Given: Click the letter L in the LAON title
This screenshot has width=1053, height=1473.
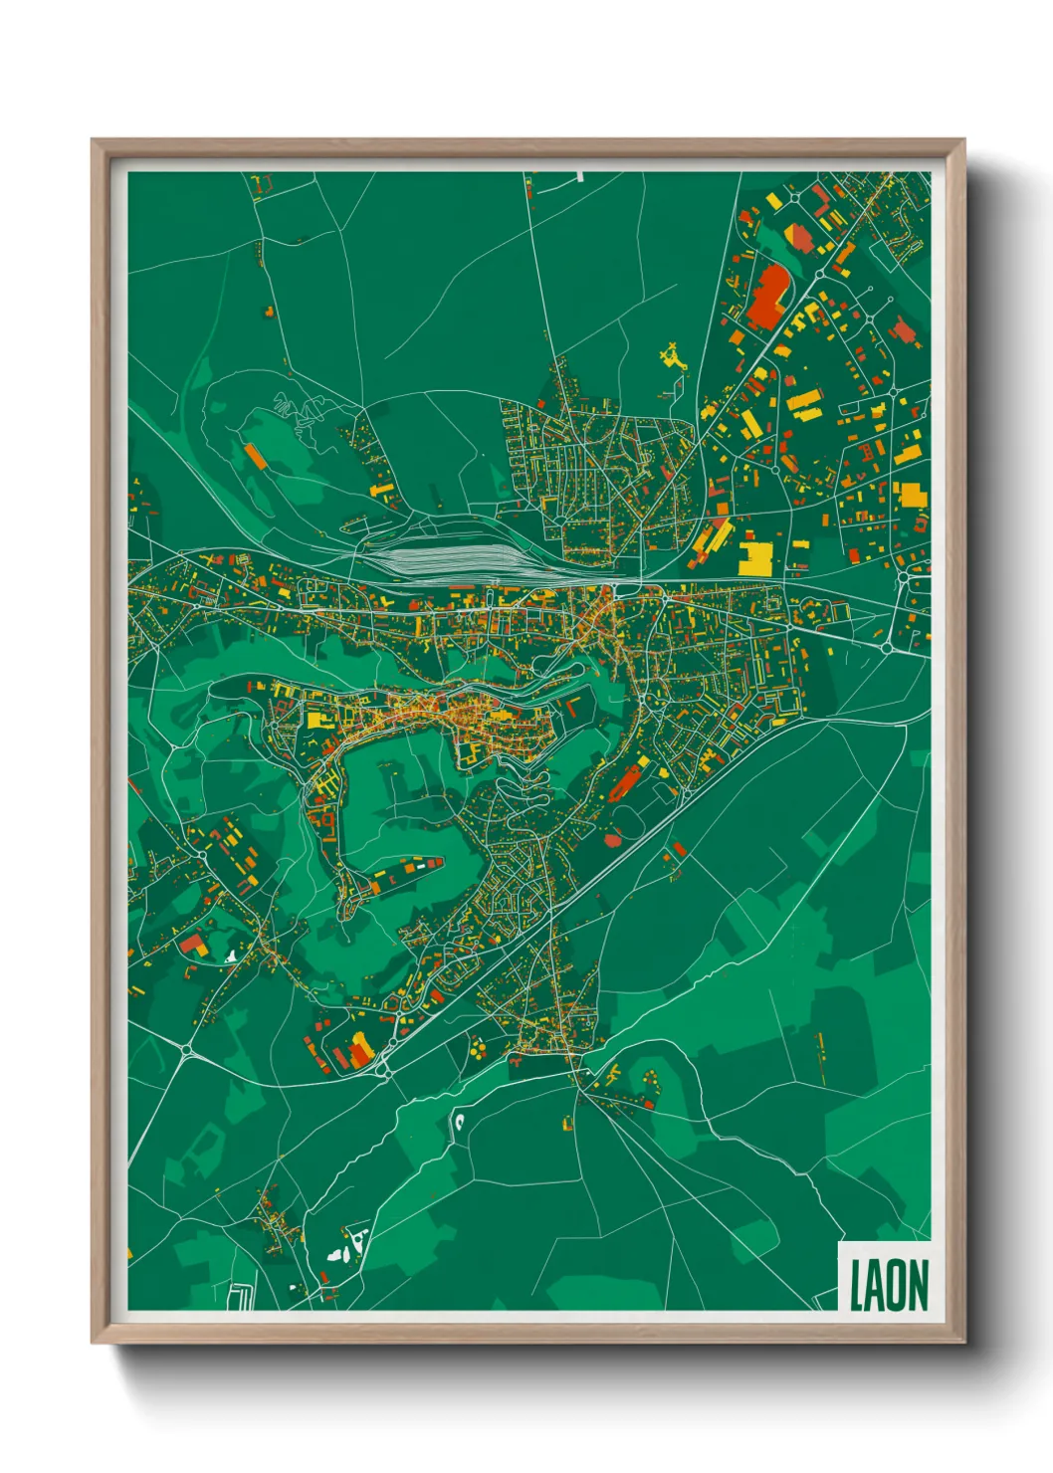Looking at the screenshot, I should (854, 1285).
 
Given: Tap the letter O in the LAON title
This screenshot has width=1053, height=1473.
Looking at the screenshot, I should (894, 1285).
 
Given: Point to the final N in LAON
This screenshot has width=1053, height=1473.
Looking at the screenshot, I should (918, 1285).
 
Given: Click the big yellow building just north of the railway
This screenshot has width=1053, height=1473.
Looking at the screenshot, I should (755, 558).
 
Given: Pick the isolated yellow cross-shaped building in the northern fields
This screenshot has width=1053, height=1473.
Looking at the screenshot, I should (674, 356).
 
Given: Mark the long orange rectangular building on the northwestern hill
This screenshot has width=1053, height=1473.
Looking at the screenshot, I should (256, 456).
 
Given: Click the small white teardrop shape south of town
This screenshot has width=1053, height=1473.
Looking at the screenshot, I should (460, 1123).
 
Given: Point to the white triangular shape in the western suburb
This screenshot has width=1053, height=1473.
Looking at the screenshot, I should (231, 955).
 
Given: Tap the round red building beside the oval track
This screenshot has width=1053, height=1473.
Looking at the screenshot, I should (612, 839).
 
